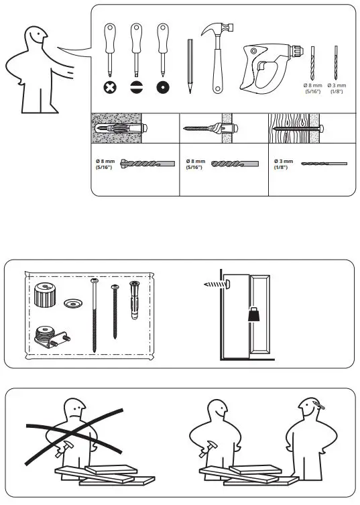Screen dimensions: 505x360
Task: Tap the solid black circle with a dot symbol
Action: click(x=162, y=87)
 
